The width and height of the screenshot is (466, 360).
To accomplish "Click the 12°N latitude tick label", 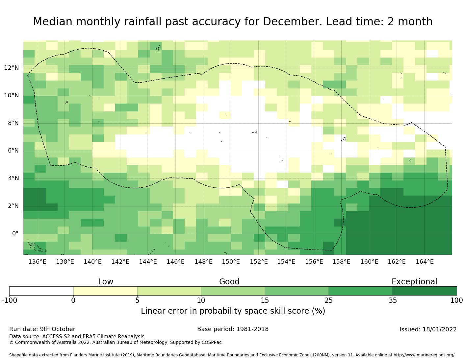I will pos(11,68).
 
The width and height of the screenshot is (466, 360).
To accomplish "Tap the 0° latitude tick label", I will pos(15,234).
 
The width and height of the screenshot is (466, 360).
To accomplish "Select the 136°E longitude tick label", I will pos(37,262).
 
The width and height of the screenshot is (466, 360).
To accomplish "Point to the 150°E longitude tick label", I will pos(231,262).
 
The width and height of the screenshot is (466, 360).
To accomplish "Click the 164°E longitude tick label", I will pos(425,262).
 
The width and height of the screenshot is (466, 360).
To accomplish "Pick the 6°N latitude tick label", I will pos(11,151).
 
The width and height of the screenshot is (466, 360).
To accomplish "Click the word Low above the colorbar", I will pos(106,282).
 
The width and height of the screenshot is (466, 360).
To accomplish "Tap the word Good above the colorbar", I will pos(229,282).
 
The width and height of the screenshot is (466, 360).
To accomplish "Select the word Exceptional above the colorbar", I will pos(414,282).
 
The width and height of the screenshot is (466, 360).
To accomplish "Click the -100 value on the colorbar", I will pos(9,300).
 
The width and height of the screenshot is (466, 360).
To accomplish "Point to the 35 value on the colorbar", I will pos(393,300).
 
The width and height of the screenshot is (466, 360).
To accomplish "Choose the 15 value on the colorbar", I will pos(265,300).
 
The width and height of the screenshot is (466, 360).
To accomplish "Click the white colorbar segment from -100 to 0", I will pos(41,291).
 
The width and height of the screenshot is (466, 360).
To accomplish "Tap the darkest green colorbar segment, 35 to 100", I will pos(425,291).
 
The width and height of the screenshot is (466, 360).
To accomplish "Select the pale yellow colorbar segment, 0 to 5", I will pos(105,291).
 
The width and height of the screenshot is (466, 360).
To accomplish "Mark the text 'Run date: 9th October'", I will pos(42,329).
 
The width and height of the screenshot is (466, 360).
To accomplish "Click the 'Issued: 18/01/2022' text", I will pos(428,329).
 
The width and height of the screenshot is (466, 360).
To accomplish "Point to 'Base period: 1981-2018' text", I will pos(233,329).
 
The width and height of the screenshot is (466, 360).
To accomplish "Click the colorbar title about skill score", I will pos(233,311).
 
